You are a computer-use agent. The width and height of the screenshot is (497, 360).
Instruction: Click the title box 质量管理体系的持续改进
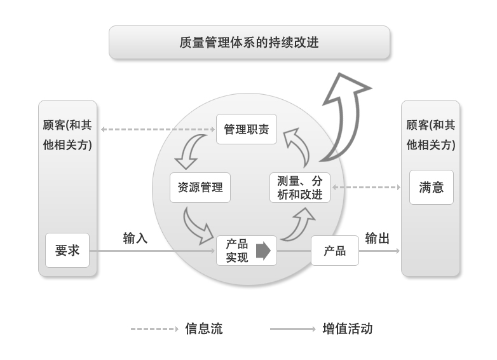(249, 43)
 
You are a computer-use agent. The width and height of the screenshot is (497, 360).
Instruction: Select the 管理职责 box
(247, 129)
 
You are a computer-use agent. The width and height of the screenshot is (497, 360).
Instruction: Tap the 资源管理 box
(200, 188)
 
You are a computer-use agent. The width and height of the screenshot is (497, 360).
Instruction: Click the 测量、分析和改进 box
(300, 188)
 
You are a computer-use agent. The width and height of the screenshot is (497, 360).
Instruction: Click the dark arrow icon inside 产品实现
(263, 251)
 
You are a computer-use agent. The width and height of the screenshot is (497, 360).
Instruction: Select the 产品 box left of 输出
(334, 251)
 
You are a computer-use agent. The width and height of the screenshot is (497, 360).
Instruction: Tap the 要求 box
(67, 250)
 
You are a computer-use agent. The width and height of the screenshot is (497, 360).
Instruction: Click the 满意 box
(431, 187)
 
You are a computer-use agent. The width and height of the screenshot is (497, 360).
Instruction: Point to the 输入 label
(135, 239)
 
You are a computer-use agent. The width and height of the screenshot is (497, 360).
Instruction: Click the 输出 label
(377, 239)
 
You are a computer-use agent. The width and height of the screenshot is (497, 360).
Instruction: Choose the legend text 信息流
(203, 329)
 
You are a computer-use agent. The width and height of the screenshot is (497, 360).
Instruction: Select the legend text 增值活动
(347, 329)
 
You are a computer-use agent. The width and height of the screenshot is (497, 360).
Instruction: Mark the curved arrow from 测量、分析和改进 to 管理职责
(297, 146)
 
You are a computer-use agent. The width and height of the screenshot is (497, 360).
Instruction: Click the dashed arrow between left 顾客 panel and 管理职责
(158, 129)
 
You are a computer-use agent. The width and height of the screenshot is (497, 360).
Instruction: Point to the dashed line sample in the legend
(154, 329)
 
